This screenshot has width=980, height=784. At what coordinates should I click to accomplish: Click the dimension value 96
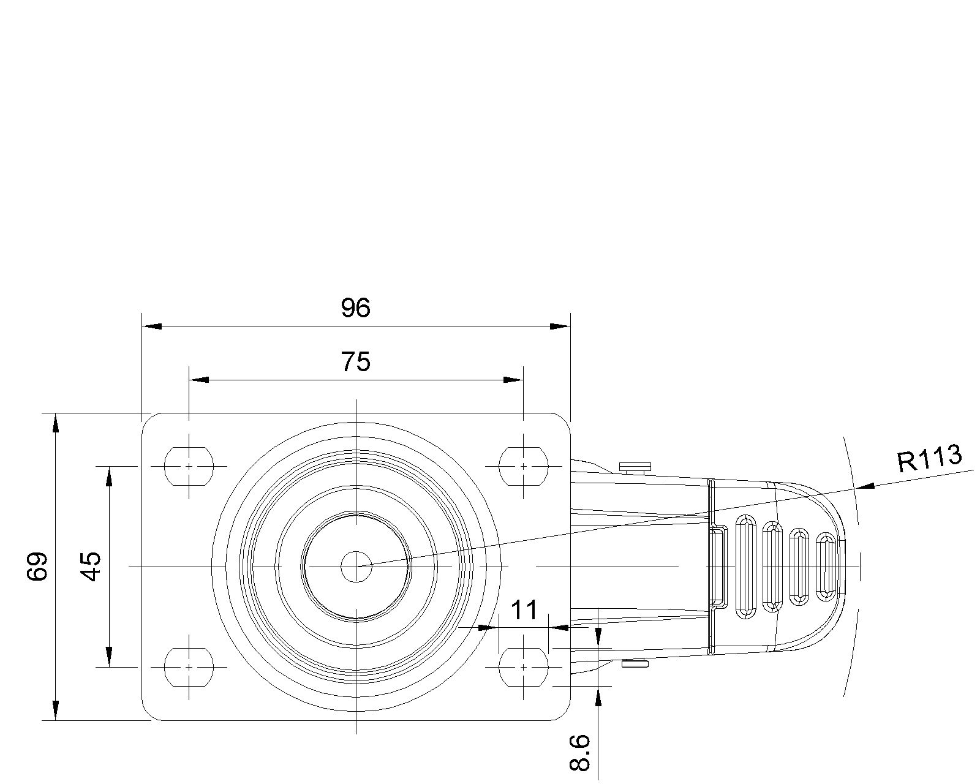(x=356, y=308)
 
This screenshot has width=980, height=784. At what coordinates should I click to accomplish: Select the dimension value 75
(x=356, y=362)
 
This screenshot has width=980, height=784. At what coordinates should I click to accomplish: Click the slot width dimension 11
(x=524, y=611)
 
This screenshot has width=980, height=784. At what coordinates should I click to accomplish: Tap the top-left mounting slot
(x=189, y=467)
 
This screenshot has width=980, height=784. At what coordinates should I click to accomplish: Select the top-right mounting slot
(x=523, y=467)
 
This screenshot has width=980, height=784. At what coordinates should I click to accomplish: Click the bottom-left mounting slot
(x=189, y=668)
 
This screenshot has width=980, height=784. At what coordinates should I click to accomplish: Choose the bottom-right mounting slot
(x=523, y=668)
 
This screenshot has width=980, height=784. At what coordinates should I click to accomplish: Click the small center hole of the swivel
(x=356, y=567)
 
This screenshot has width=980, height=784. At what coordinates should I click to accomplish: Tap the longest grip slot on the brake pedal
(x=746, y=567)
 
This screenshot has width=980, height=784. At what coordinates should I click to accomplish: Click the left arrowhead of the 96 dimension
(x=152, y=326)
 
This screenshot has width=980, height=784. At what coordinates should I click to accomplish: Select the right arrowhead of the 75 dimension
(x=513, y=380)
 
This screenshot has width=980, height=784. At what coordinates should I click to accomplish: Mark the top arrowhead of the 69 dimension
(x=56, y=423)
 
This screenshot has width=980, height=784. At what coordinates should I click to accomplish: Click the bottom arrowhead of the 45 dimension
(x=109, y=657)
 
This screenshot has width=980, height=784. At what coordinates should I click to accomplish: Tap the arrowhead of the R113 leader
(x=865, y=486)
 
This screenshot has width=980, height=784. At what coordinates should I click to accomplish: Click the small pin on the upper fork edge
(x=635, y=467)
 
